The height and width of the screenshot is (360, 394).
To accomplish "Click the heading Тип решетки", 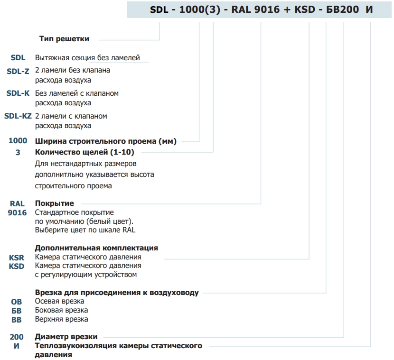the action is [x=64, y=39].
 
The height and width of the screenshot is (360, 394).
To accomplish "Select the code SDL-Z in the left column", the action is [x=18, y=71].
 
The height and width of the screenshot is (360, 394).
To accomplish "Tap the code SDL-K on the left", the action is [x=18, y=93].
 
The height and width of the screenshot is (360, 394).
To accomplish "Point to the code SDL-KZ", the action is [x=18, y=116].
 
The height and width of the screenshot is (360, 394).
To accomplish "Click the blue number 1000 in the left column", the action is [x=18, y=140].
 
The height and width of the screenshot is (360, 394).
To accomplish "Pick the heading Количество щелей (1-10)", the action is [x=84, y=152].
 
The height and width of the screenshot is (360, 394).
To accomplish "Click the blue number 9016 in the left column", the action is [x=17, y=212].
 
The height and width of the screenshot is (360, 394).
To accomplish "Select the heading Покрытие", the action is [x=54, y=203].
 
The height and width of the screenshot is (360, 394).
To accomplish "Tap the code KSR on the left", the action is [x=17, y=258].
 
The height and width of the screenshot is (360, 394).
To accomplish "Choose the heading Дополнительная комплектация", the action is [x=96, y=248].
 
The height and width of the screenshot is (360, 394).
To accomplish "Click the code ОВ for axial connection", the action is [x=16, y=302].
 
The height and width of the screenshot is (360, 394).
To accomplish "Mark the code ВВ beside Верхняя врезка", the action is [x=16, y=320].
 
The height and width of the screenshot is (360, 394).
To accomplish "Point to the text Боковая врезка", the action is [x=61, y=310].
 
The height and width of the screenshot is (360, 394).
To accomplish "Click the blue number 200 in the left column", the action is [x=17, y=337].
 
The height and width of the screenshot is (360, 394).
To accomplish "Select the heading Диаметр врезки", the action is [x=66, y=337].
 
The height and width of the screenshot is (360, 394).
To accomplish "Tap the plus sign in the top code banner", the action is [x=286, y=10].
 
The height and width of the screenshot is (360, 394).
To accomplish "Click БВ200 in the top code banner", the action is [x=342, y=9].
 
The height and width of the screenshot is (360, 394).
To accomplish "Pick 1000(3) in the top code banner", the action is [x=200, y=9].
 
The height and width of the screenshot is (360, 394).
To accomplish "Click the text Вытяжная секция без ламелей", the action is [x=87, y=58].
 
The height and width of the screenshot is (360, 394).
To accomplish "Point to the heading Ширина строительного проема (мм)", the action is [x=106, y=141].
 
